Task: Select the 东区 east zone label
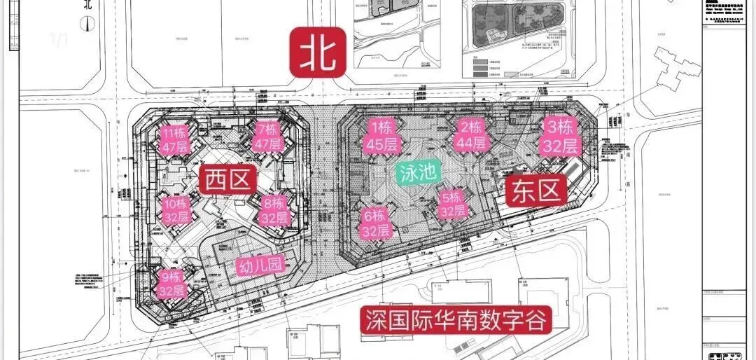click(535, 190)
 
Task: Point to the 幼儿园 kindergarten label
click(258, 267)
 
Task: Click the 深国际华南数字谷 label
click(456, 321)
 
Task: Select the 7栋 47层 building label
click(268, 137)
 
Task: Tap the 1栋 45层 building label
click(381, 136)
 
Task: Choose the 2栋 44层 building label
click(472, 136)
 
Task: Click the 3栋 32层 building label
click(559, 137)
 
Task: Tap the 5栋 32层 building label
click(451, 203)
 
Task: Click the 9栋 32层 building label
click(171, 284)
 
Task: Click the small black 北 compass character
click(87, 5)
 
